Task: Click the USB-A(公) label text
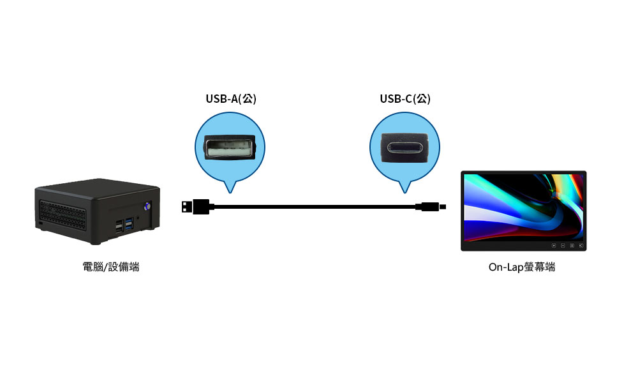(230, 99)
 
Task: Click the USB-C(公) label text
(404, 99)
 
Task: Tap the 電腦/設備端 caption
(110, 267)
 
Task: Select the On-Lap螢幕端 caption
(521, 267)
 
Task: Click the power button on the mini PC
(147, 206)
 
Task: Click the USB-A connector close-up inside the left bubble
(230, 148)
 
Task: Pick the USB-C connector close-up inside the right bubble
(405, 148)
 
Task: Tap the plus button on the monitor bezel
(553, 246)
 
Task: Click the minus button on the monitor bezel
(563, 246)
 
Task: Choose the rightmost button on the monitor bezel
(581, 246)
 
